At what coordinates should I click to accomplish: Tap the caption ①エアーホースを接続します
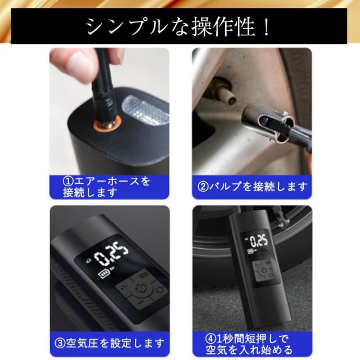pyautogui.click(x=107, y=186)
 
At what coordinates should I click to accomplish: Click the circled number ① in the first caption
pyautogui.click(x=67, y=181)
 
